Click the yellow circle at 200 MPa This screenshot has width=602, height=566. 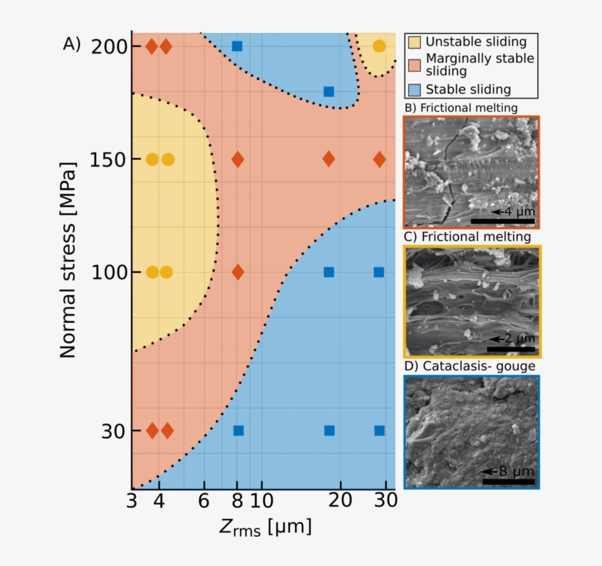(x=379, y=46)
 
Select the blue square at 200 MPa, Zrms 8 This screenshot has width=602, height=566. (x=237, y=46)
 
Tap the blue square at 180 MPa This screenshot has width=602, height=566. (x=329, y=92)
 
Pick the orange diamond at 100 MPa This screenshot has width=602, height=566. (x=237, y=272)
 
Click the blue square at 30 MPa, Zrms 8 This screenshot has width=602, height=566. (x=238, y=430)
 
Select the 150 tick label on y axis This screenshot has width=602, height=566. (x=109, y=159)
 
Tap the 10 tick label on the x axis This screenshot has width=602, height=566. (x=261, y=501)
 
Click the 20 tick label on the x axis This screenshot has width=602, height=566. (x=338, y=501)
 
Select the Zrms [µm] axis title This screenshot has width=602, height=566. (x=264, y=527)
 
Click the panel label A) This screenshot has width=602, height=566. (x=71, y=44)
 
